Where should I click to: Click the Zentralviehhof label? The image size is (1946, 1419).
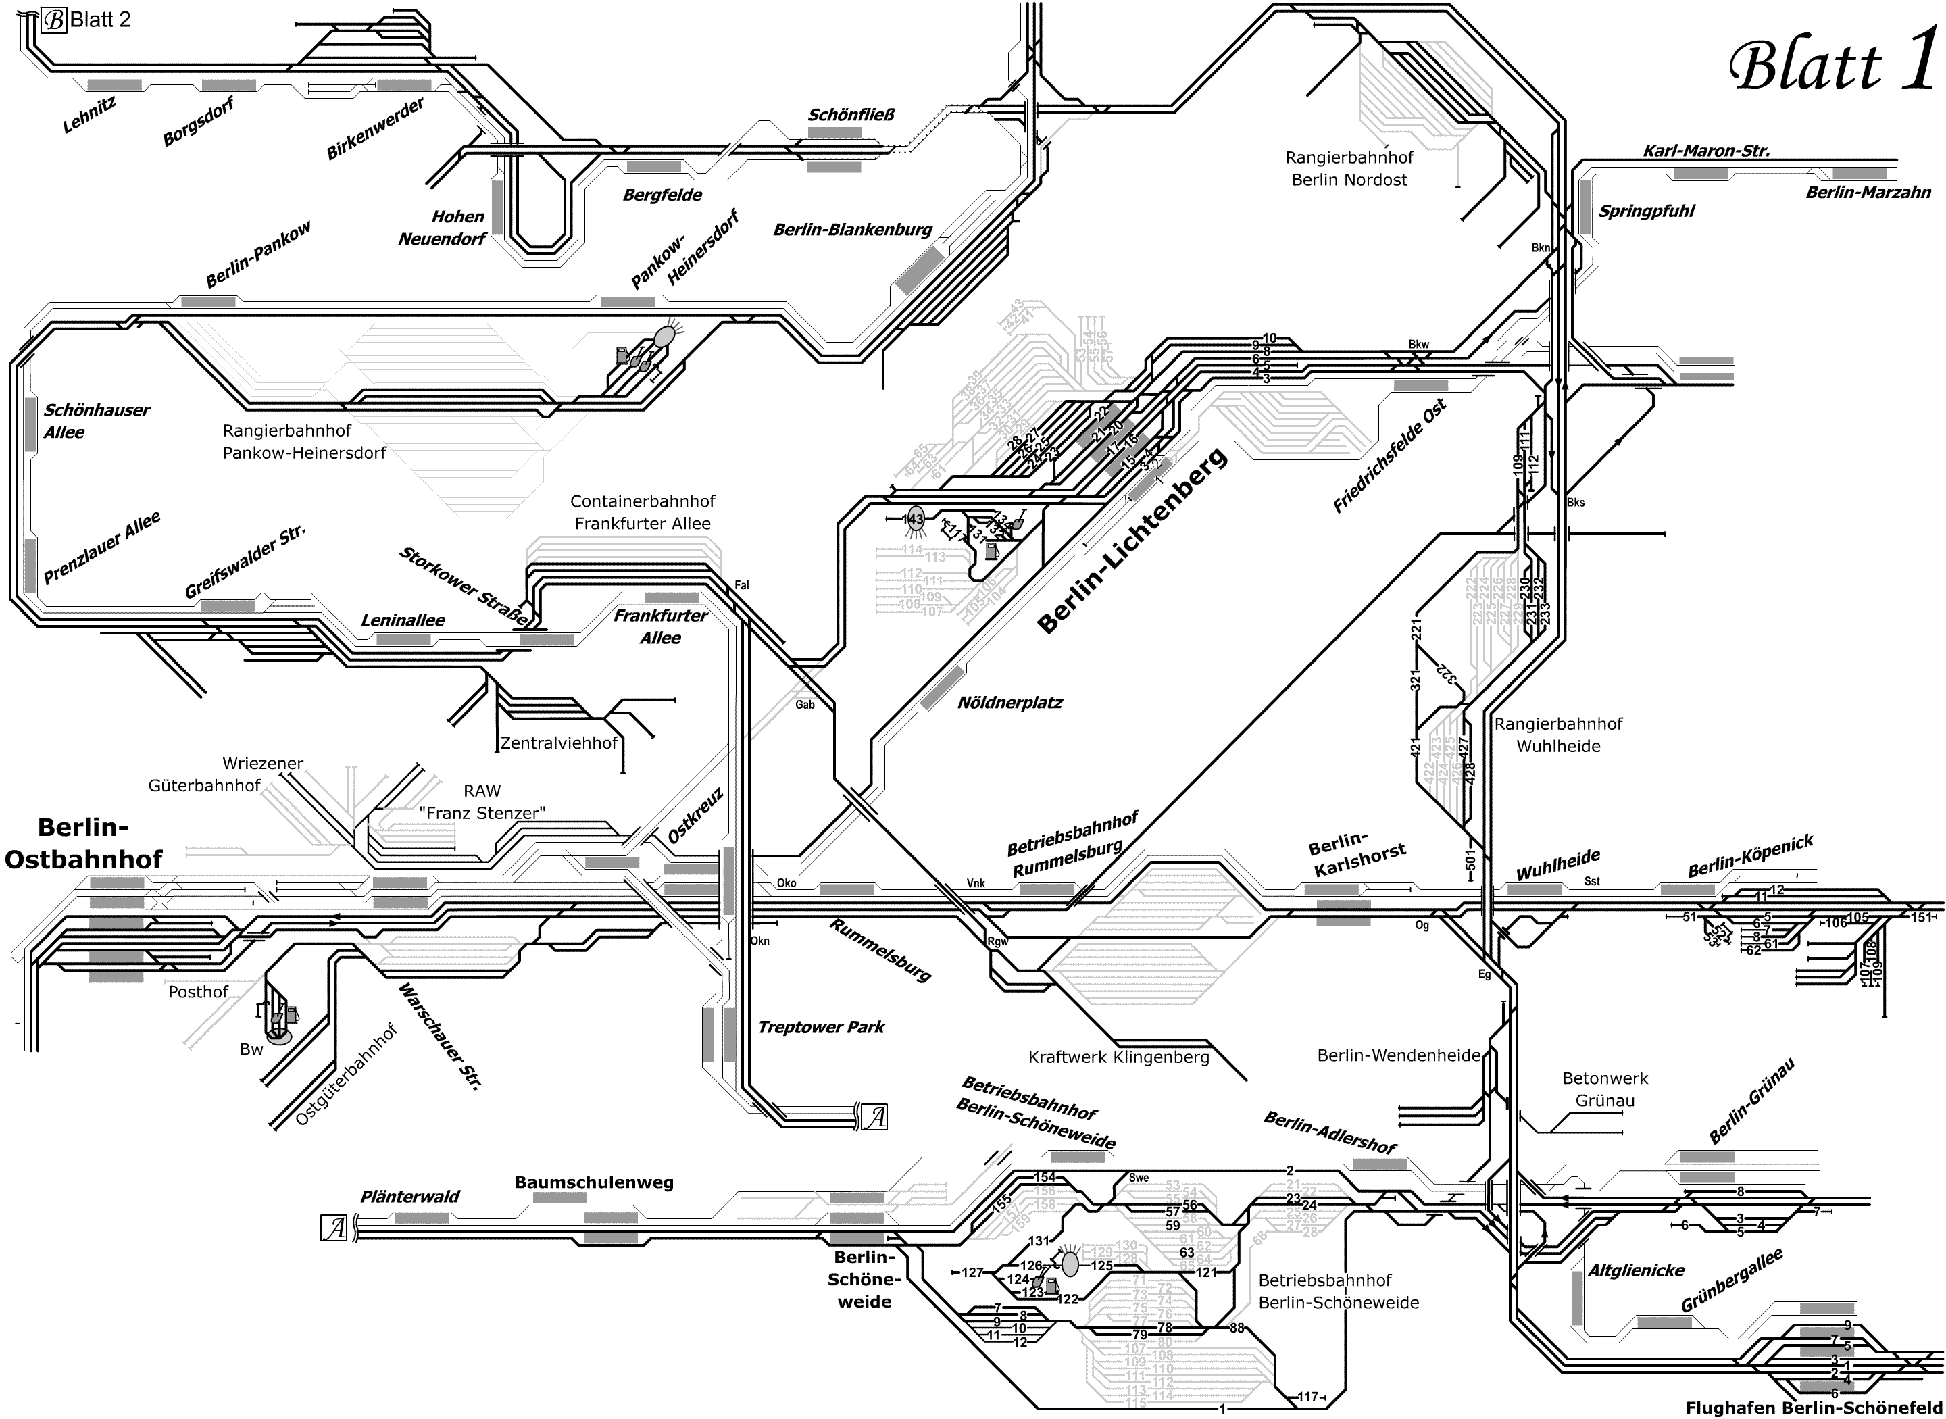tap(559, 743)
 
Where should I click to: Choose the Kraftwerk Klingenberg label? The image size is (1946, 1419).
tap(1118, 1057)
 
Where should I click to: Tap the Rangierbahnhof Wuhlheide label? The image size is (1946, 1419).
tap(1558, 735)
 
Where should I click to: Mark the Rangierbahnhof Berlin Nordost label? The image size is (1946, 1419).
tap(1349, 168)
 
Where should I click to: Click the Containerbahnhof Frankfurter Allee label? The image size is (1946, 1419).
tap(643, 512)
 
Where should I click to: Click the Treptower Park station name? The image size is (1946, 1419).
tap(821, 1027)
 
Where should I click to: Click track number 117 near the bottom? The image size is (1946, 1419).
tap(1308, 1397)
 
